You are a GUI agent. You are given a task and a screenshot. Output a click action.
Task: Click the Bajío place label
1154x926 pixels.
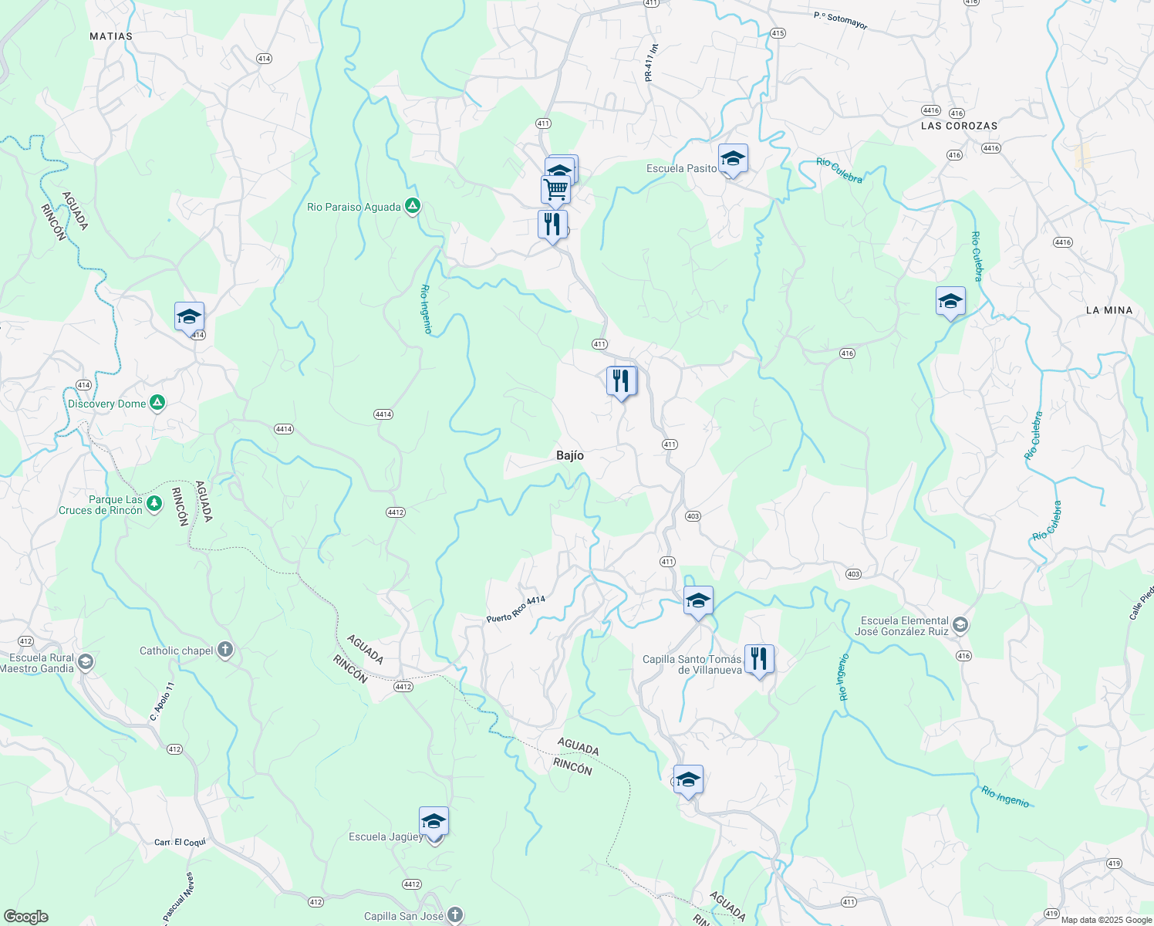coord(570,455)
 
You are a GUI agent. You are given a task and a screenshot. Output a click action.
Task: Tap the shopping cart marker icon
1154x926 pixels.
coord(555,188)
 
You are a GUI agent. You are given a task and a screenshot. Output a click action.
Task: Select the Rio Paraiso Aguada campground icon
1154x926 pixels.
coord(413,206)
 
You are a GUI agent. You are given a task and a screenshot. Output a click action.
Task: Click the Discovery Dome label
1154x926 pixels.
coord(106,404)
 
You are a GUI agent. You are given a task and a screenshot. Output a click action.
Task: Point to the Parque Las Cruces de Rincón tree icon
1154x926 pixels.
coord(154,503)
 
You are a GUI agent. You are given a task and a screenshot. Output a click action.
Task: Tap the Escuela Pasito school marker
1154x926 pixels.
coord(732,159)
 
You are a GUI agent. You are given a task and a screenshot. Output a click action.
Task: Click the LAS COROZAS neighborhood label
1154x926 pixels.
coord(959,126)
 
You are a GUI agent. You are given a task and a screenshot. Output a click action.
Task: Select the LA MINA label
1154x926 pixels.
coord(1108,310)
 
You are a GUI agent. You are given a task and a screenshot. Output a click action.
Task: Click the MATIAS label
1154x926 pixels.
coord(111,36)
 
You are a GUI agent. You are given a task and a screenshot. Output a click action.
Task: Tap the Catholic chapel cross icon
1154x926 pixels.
coord(225,650)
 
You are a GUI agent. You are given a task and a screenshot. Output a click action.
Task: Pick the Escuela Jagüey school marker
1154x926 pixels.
coord(434,823)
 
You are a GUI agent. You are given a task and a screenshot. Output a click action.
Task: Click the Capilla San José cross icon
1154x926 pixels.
coord(455,915)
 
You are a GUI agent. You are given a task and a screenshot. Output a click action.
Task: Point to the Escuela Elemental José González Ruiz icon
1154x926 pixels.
coord(960,624)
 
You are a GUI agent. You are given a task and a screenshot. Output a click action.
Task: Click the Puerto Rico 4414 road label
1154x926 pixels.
coord(516,610)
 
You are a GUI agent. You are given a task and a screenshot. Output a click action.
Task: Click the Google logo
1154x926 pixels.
coord(26,917)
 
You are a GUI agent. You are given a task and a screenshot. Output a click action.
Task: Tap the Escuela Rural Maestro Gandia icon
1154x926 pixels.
coord(86,662)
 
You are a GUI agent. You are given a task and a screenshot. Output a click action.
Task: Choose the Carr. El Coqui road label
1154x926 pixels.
coord(180,842)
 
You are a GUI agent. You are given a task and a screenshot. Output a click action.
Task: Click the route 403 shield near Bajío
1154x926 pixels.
coord(693,516)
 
